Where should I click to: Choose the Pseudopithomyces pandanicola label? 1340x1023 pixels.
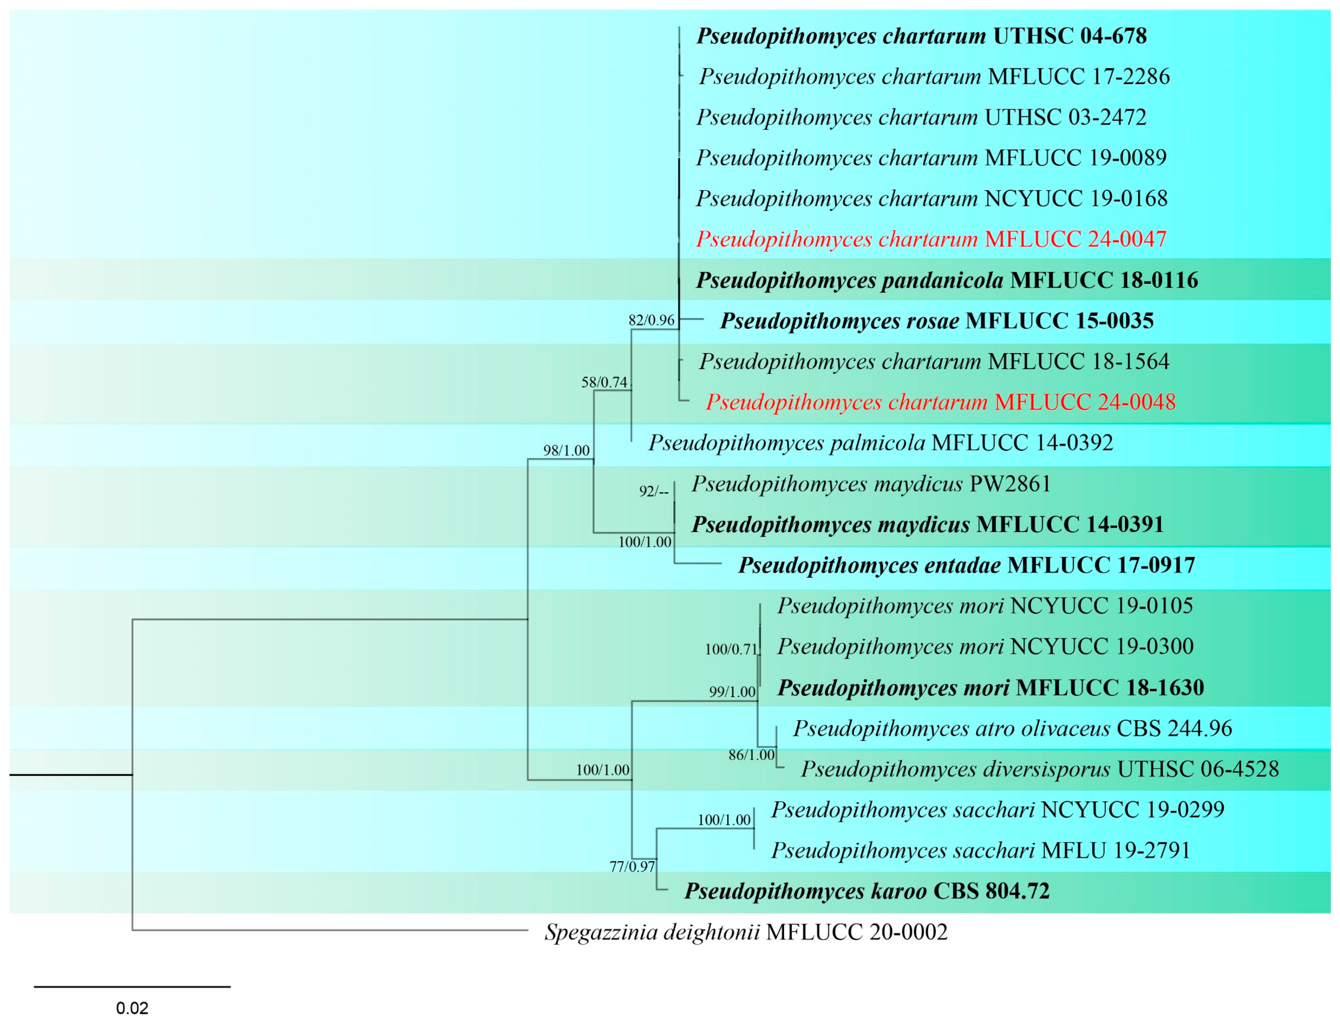pyautogui.click(x=947, y=280)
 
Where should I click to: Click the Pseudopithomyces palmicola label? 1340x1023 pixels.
pyautogui.click(x=880, y=443)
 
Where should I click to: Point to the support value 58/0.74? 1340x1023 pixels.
pyautogui.click(x=604, y=382)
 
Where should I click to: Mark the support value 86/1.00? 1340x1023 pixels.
pyautogui.click(x=752, y=755)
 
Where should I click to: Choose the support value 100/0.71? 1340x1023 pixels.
pyautogui.click(x=731, y=649)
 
